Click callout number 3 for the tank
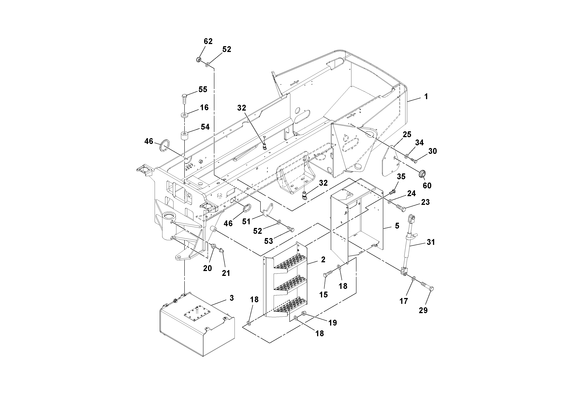231,298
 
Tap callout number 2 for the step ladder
323,259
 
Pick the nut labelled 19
304,313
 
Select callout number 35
401,177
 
